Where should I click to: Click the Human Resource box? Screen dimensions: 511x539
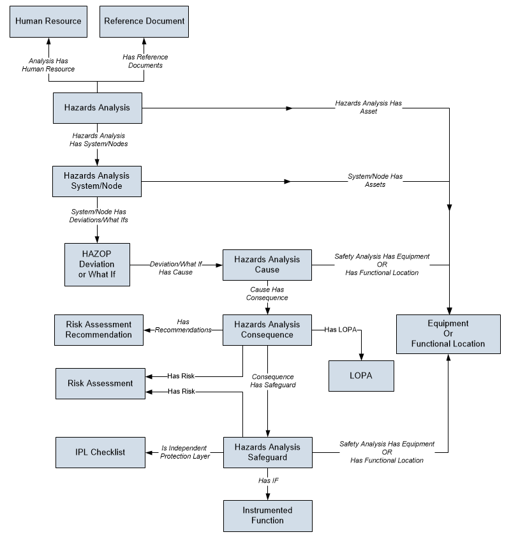(48, 22)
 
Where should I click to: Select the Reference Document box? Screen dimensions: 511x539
(144, 22)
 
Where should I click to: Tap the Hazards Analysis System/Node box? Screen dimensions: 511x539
(97, 182)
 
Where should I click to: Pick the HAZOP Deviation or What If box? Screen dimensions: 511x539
(98, 265)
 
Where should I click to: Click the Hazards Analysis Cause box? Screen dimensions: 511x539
(267, 265)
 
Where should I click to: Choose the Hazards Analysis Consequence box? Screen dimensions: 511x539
(267, 330)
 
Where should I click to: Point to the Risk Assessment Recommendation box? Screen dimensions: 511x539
(99, 330)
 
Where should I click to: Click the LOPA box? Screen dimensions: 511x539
(361, 376)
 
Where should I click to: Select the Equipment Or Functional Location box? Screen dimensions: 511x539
(448, 334)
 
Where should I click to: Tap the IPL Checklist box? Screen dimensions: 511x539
(100, 452)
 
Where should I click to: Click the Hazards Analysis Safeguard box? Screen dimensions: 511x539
(268, 452)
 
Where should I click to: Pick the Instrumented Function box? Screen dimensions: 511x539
(268, 516)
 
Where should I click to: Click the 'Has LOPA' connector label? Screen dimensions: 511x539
(341, 330)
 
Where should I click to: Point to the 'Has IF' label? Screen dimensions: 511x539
(269, 480)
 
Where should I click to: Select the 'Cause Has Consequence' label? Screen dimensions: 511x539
(267, 293)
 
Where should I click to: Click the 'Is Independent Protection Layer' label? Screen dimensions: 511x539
(184, 452)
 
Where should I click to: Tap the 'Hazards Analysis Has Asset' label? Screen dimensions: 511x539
(368, 107)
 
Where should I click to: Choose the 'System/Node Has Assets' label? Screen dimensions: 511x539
(375, 180)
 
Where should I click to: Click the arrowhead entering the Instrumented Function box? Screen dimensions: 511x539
(268, 497)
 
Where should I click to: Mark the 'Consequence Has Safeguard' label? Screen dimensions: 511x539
(272, 381)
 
